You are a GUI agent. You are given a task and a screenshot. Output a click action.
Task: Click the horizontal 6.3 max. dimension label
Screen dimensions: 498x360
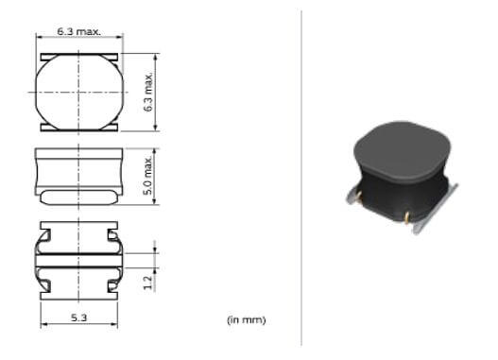coord(78,31)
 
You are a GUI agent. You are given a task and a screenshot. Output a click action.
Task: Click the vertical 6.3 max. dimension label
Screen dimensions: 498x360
coord(148,92)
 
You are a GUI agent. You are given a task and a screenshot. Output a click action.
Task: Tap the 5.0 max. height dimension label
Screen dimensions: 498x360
coord(148,176)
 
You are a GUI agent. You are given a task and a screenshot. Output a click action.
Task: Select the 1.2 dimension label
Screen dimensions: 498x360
coord(147,283)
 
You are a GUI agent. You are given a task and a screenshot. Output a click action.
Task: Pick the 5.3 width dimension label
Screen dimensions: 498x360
coord(78,317)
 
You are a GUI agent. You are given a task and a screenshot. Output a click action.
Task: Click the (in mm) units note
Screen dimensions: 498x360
coord(246,319)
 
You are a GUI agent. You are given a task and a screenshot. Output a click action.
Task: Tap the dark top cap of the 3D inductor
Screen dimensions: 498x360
coord(402,151)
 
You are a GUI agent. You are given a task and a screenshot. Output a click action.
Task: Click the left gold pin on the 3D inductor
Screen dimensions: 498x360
coord(359,197)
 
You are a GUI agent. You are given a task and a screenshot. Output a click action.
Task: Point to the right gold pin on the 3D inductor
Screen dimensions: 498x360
coord(407,217)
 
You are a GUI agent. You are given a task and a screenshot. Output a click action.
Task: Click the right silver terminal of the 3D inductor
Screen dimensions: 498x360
coord(436,209)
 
